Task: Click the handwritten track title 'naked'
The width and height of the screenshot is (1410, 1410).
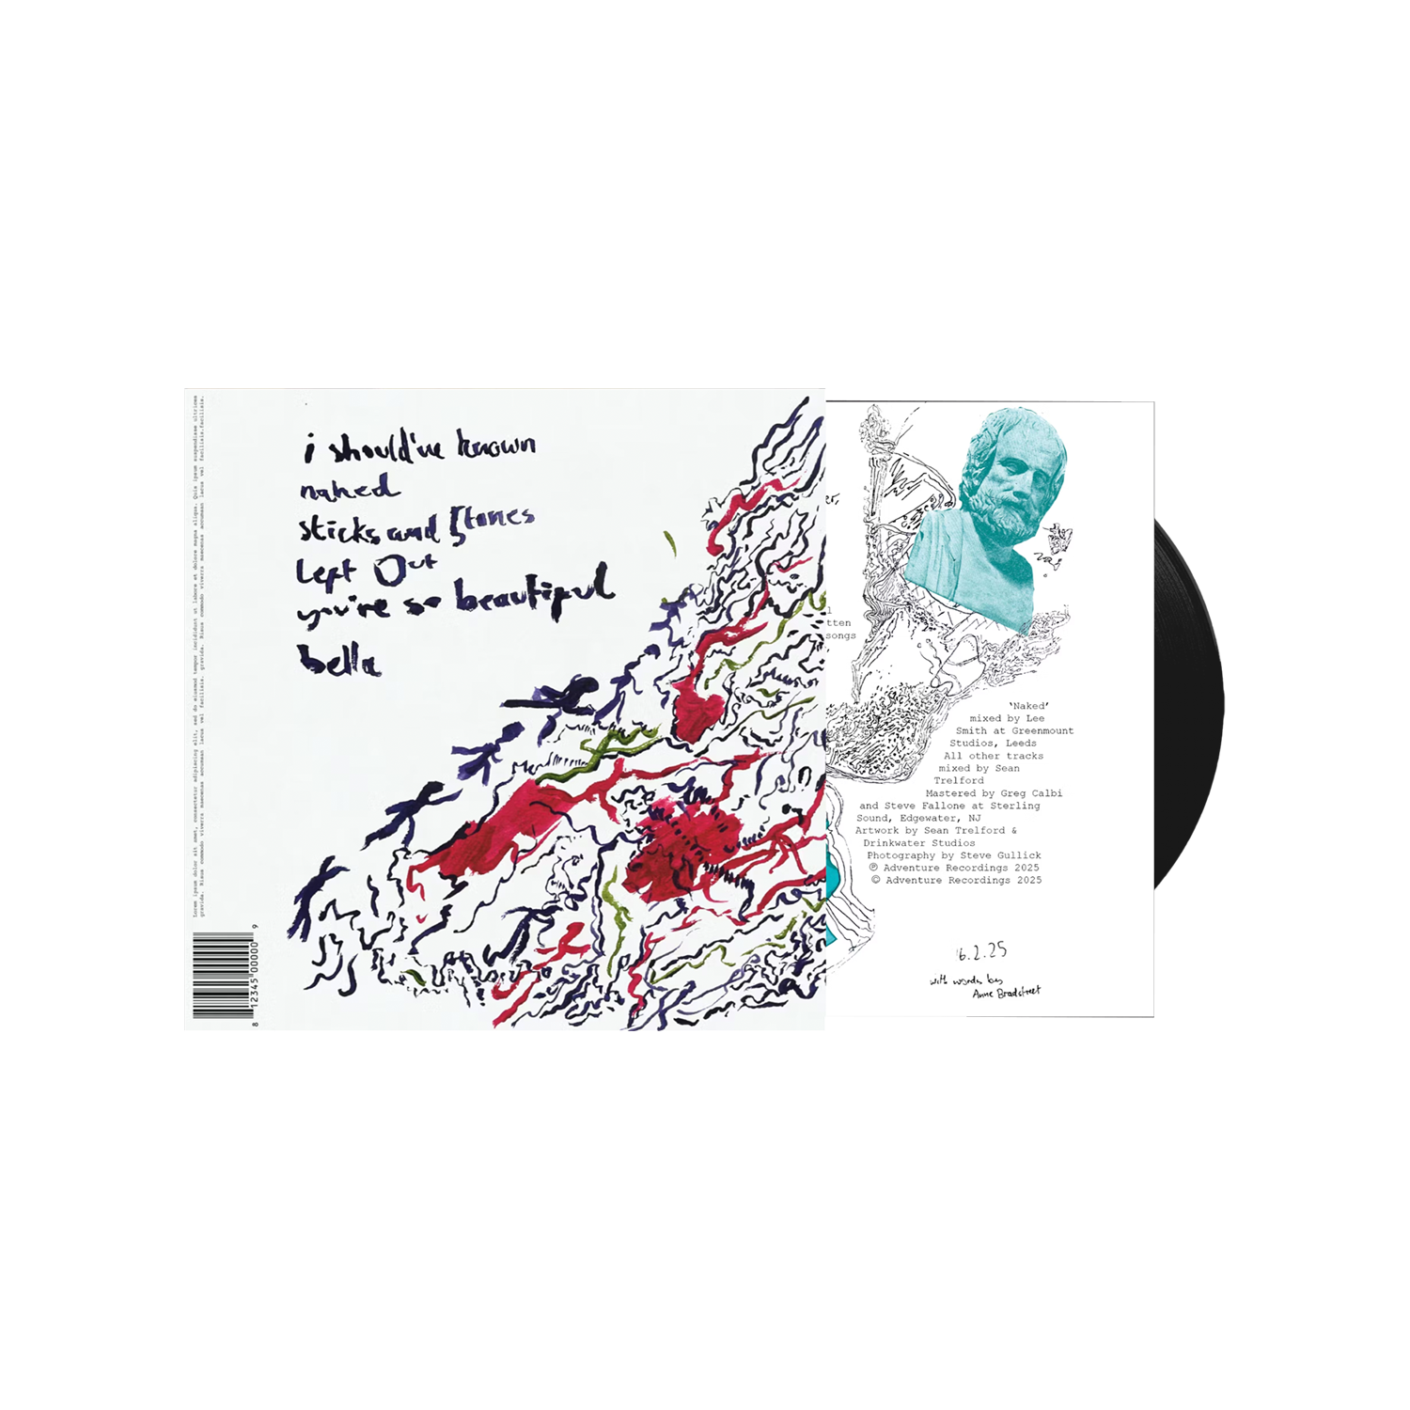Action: point(347,489)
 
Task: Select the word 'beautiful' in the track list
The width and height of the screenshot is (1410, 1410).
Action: point(534,592)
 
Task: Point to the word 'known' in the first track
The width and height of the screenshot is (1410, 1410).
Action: point(496,445)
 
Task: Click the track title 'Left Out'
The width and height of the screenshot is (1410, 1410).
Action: point(365,570)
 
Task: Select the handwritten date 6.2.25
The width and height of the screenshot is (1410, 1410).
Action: point(982,951)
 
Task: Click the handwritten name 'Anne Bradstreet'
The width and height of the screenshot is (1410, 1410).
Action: point(1007,992)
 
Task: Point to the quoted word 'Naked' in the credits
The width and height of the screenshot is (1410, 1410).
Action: point(1028,706)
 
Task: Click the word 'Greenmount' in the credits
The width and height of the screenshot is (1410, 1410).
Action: point(1042,730)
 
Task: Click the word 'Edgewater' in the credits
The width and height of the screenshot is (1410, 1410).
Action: point(931,818)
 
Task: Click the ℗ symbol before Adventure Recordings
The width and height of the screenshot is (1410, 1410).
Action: point(873,868)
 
